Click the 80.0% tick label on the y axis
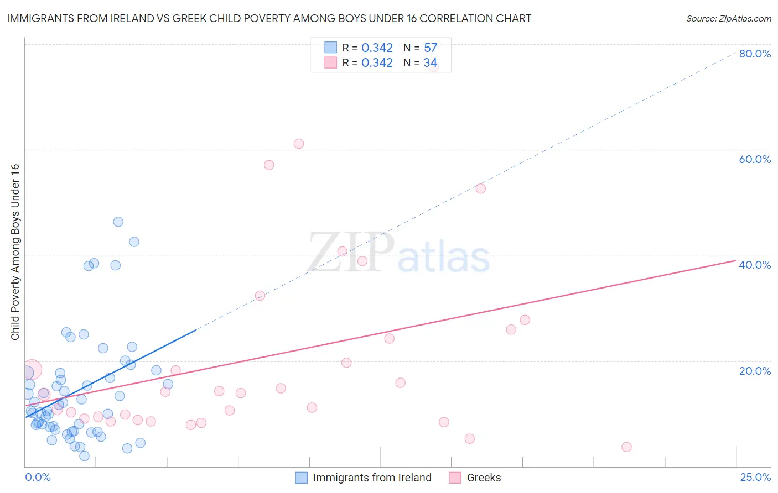755,54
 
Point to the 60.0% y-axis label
755,159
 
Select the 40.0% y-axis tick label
755,265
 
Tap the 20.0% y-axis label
755,371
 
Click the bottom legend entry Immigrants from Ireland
372,478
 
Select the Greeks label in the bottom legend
484,478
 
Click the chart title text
269,18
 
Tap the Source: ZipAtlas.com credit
728,19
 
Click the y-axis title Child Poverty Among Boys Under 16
15,252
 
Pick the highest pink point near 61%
299,144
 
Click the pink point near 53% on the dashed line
480,188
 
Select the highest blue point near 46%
118,222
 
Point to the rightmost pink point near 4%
626,447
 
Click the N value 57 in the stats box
431,48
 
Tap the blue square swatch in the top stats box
330,48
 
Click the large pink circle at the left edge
32,370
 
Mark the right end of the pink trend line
736,260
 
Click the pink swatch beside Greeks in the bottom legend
455,478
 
